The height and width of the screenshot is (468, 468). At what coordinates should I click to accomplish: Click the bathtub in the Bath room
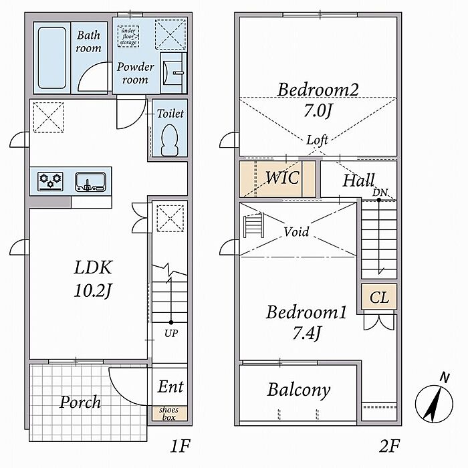(52, 58)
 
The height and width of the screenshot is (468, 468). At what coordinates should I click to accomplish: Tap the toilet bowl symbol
(170, 140)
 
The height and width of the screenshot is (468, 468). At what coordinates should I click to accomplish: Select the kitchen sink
(90, 181)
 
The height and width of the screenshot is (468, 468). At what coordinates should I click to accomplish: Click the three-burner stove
(50, 181)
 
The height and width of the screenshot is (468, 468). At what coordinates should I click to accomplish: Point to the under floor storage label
(128, 36)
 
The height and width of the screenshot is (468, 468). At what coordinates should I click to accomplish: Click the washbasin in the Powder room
(173, 72)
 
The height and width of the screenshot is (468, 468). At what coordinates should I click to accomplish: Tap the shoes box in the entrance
(169, 413)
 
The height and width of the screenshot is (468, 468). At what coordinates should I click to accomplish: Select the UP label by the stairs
(171, 333)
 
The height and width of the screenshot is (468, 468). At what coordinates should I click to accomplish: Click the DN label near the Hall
(380, 193)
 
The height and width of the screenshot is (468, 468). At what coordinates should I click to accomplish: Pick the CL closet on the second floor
(379, 296)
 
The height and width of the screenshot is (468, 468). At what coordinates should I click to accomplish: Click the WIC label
(282, 178)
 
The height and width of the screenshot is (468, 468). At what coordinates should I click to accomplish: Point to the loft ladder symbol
(254, 225)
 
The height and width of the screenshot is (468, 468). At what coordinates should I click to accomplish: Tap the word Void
(296, 231)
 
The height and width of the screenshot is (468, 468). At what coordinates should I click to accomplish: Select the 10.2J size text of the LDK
(93, 291)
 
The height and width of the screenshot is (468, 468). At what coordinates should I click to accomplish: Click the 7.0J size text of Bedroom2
(318, 111)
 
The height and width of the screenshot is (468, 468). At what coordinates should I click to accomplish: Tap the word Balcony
(299, 390)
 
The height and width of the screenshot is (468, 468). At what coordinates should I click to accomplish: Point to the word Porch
(80, 402)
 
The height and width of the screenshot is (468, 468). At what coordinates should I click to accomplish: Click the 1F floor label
(181, 447)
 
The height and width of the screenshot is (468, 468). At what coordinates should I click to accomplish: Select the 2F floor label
(389, 447)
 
